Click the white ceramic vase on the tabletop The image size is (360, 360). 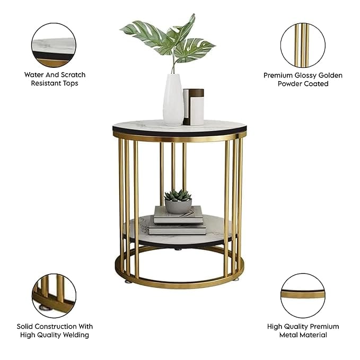[173, 100]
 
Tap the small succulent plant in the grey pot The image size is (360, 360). [178, 195]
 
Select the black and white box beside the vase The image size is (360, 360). [194, 107]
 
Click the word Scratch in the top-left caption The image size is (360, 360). [73, 75]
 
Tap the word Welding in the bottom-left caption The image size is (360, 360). [76, 335]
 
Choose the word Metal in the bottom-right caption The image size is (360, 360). [289, 335]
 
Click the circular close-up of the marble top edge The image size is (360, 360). [54, 45]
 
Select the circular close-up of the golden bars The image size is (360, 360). [303, 45]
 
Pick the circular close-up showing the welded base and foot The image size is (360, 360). [54, 296]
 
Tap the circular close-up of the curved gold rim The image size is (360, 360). [303, 296]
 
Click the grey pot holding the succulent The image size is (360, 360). [178, 206]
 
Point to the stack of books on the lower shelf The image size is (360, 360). [178, 221]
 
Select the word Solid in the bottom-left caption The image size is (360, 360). [25, 327]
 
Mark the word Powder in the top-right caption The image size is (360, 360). [289, 84]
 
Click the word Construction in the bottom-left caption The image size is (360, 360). [56, 327]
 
